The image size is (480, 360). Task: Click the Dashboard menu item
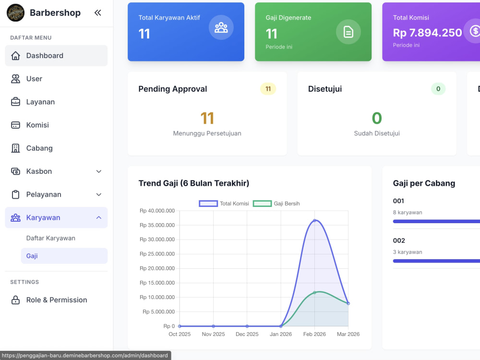(x=56, y=56)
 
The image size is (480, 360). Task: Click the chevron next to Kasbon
(x=98, y=171)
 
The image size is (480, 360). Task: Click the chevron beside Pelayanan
(x=98, y=194)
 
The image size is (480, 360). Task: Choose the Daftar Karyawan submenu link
(x=51, y=238)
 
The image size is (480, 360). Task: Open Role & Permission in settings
(x=56, y=300)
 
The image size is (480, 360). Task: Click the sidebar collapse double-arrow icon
(x=97, y=12)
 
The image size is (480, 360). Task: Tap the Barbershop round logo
(x=15, y=12)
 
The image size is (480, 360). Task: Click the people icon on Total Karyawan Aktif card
(x=221, y=27)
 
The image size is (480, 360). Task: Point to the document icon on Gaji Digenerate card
(x=348, y=32)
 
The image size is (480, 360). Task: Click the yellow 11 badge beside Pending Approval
(x=268, y=89)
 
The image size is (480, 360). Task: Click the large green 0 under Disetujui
(x=377, y=118)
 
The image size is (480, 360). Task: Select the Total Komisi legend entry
(x=224, y=204)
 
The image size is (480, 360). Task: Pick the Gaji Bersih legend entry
(x=276, y=204)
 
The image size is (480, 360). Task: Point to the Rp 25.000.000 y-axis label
(x=157, y=254)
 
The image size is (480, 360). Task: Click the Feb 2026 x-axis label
(x=314, y=334)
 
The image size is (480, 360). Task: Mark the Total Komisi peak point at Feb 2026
(x=314, y=220)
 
